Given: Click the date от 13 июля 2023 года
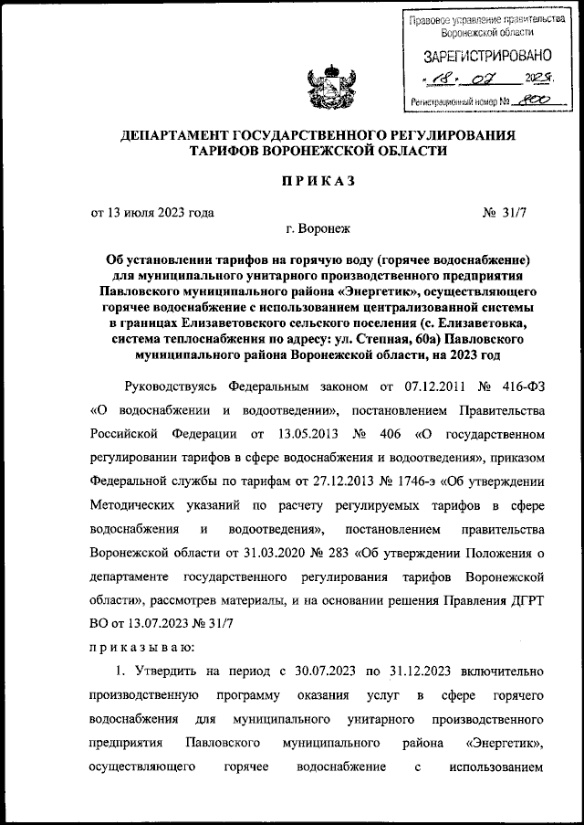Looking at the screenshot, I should pos(152,213).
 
